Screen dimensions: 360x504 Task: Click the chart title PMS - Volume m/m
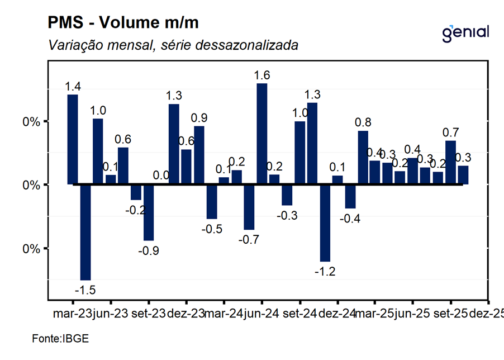(x=123, y=23)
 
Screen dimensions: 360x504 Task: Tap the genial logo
(x=465, y=32)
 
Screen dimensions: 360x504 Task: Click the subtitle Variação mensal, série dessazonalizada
(x=173, y=45)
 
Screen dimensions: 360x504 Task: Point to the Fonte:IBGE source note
(x=61, y=339)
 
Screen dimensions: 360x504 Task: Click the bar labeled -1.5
(x=85, y=232)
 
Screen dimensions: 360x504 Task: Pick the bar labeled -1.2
(x=325, y=222)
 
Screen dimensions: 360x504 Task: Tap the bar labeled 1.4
(x=73, y=139)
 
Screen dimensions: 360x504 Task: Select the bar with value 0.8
(x=363, y=158)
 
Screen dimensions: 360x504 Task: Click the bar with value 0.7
(x=450, y=163)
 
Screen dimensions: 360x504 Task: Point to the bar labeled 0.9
(x=198, y=155)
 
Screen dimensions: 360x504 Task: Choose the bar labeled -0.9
(x=148, y=212)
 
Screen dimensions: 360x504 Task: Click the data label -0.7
(x=249, y=240)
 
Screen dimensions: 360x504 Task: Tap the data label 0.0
(x=161, y=176)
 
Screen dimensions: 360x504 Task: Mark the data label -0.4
(x=350, y=219)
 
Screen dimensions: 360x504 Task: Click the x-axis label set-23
(x=148, y=314)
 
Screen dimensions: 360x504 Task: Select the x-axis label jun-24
(x=261, y=314)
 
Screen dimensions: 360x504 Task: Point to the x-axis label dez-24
(x=337, y=314)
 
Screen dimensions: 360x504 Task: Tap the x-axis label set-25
(x=450, y=314)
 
